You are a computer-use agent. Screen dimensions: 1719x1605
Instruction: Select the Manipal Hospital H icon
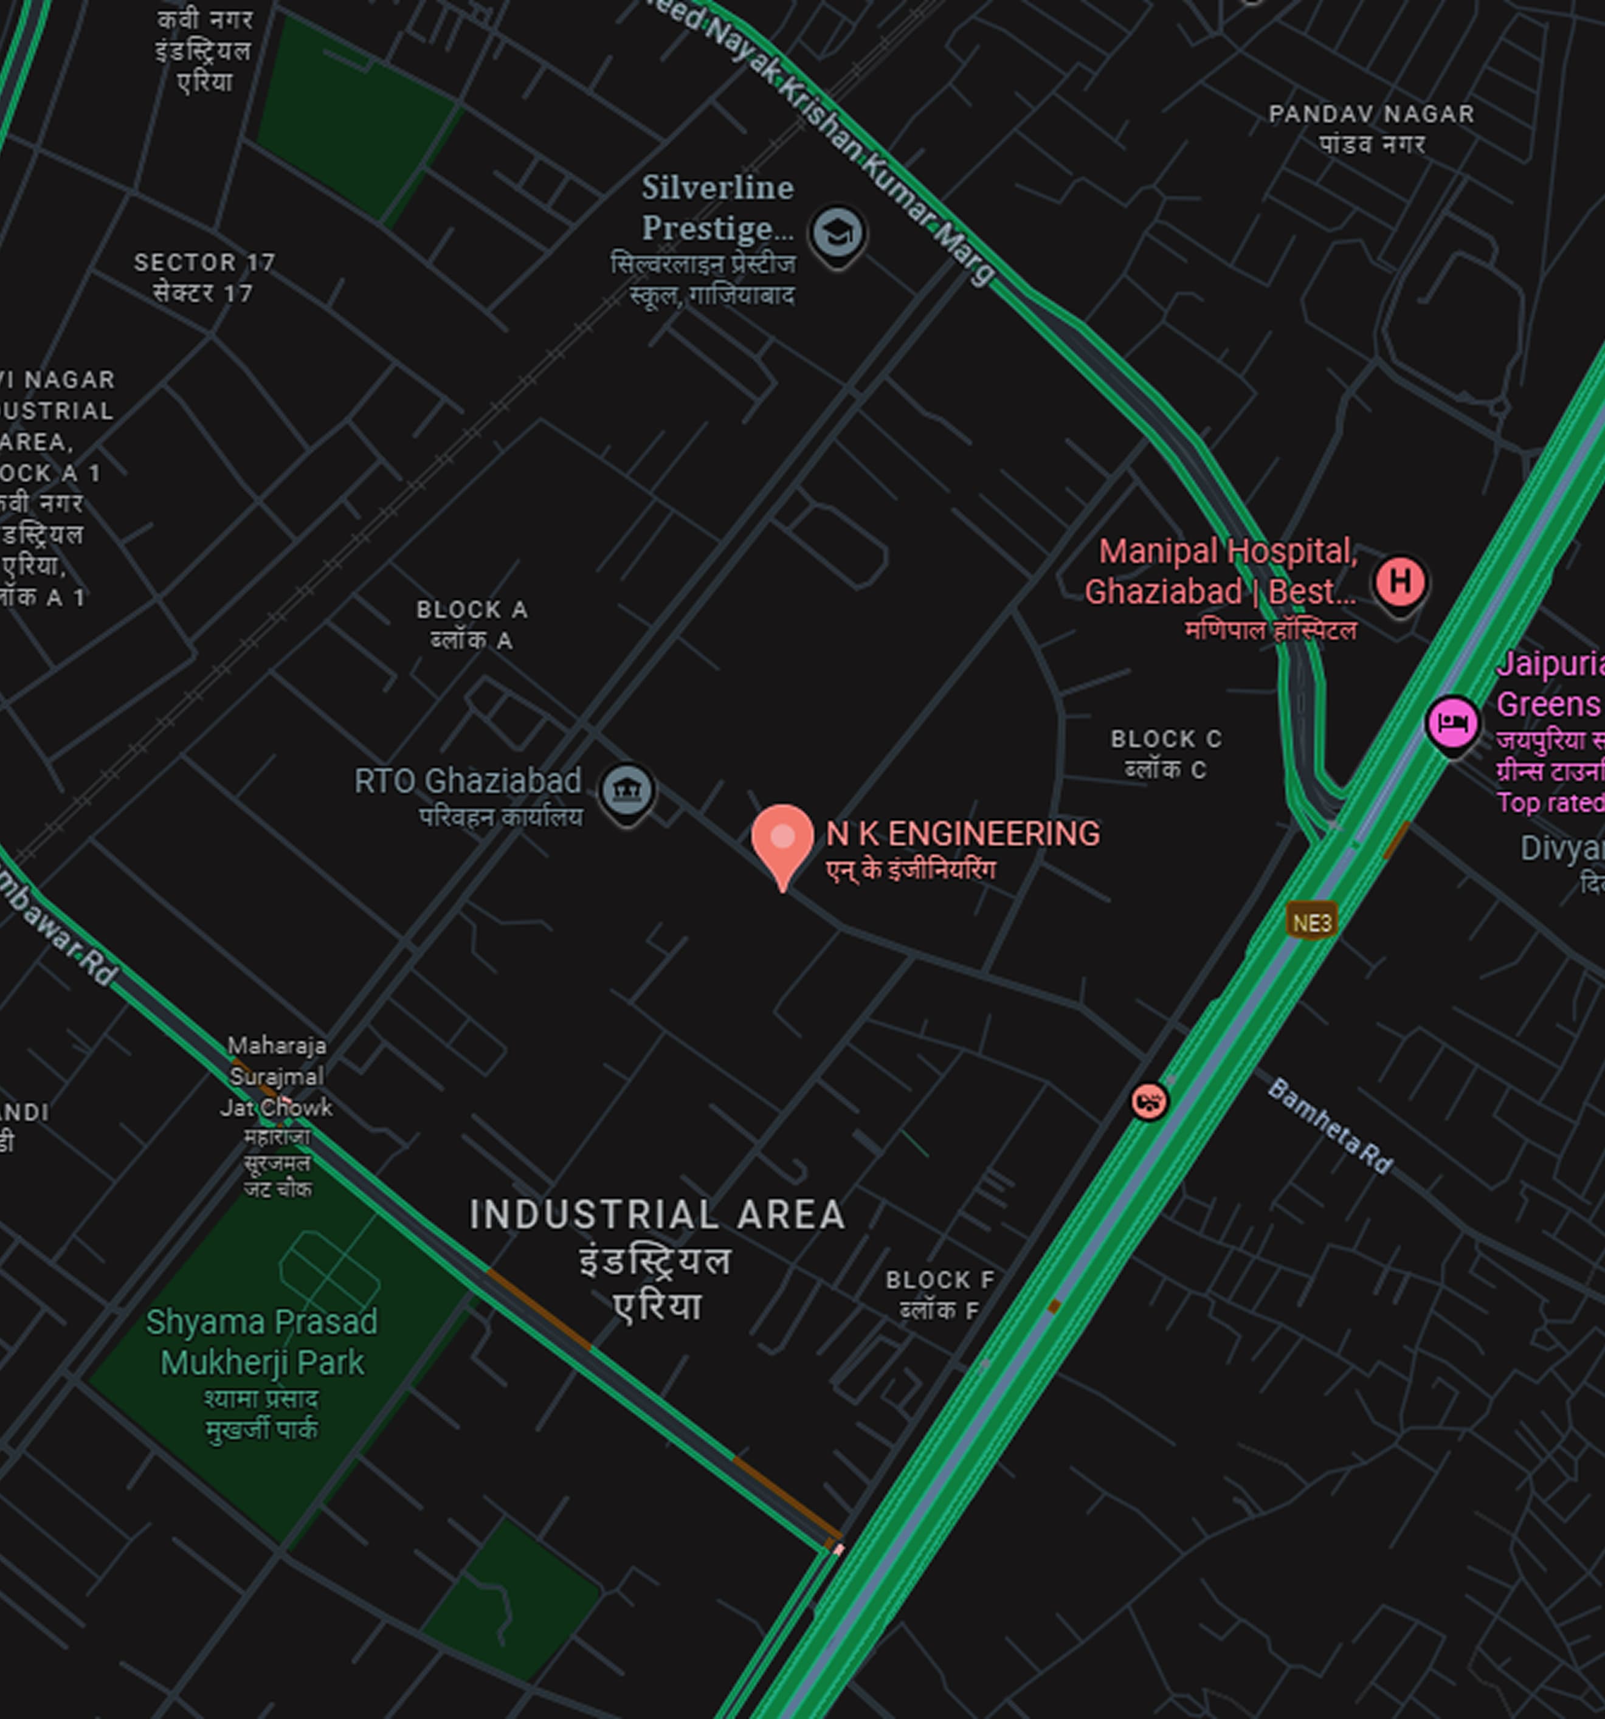point(1399,582)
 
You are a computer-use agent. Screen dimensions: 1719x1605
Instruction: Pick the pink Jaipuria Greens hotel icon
point(1453,722)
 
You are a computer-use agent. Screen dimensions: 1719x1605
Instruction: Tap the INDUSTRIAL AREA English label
point(657,1214)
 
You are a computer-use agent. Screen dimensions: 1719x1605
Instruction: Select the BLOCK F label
point(940,1279)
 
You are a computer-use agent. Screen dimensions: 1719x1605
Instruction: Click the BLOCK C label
point(1165,739)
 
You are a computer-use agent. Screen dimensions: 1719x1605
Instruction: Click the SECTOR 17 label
point(204,262)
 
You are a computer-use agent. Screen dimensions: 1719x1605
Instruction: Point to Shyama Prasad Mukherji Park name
point(261,1342)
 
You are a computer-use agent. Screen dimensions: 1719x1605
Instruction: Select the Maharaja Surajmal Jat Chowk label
point(277,1077)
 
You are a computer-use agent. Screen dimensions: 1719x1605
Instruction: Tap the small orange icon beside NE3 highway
point(1148,1101)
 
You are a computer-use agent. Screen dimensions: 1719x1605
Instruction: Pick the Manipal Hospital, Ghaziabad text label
point(1221,571)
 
